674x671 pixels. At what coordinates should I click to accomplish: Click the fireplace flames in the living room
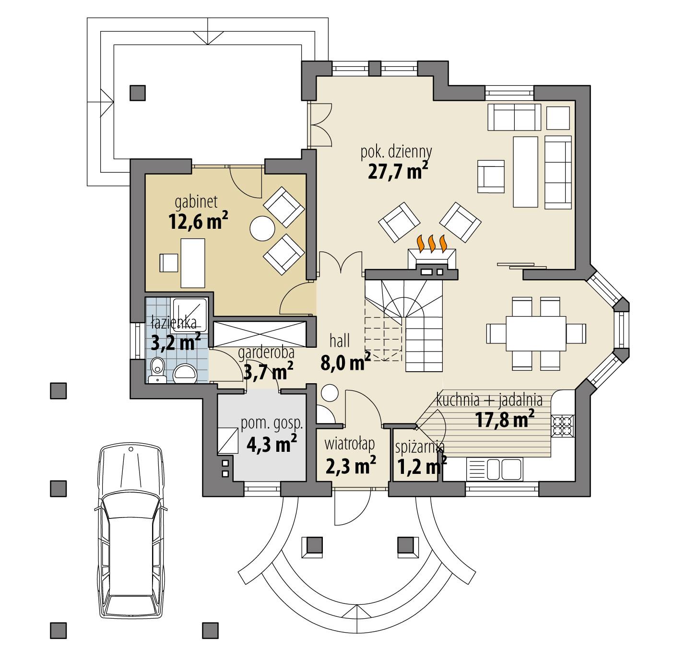pyautogui.click(x=433, y=243)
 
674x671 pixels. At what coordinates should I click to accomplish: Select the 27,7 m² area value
pyautogui.click(x=398, y=171)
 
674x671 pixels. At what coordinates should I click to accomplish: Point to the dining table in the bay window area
pyautogui.click(x=536, y=332)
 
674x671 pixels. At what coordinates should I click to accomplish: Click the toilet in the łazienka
pyautogui.click(x=157, y=369)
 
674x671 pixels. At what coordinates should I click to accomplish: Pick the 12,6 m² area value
pyautogui.click(x=198, y=222)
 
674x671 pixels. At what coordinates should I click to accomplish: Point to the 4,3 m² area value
pyautogui.click(x=272, y=443)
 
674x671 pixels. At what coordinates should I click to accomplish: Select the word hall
pyautogui.click(x=339, y=341)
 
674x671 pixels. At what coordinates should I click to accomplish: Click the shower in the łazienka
pyautogui.click(x=190, y=314)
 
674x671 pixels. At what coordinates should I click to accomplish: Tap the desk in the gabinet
pyautogui.click(x=192, y=262)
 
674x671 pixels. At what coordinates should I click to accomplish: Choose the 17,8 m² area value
pyautogui.click(x=505, y=420)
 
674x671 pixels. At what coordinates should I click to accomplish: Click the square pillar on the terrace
pyautogui.click(x=138, y=92)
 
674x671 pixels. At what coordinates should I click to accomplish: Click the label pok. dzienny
pyautogui.click(x=396, y=152)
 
